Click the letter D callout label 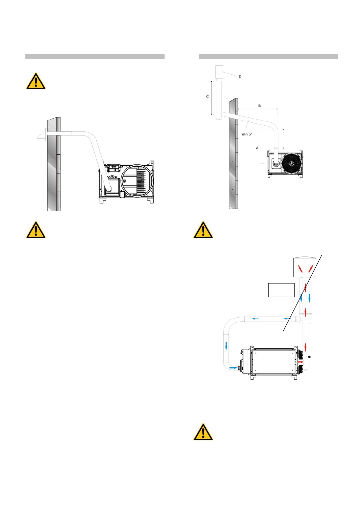[240, 77]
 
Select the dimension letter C [207, 97]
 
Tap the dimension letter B [259, 106]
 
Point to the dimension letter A [257, 148]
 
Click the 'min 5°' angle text [247, 134]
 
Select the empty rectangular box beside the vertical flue [281, 290]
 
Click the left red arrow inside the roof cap [301, 269]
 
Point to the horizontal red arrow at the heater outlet [302, 362]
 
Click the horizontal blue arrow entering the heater [233, 368]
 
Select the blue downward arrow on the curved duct [226, 346]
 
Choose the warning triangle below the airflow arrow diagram [203, 432]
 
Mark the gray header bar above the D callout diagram [268, 57]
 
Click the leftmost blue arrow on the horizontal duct [254, 319]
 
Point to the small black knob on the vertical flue [310, 357]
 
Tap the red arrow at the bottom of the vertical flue [305, 347]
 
